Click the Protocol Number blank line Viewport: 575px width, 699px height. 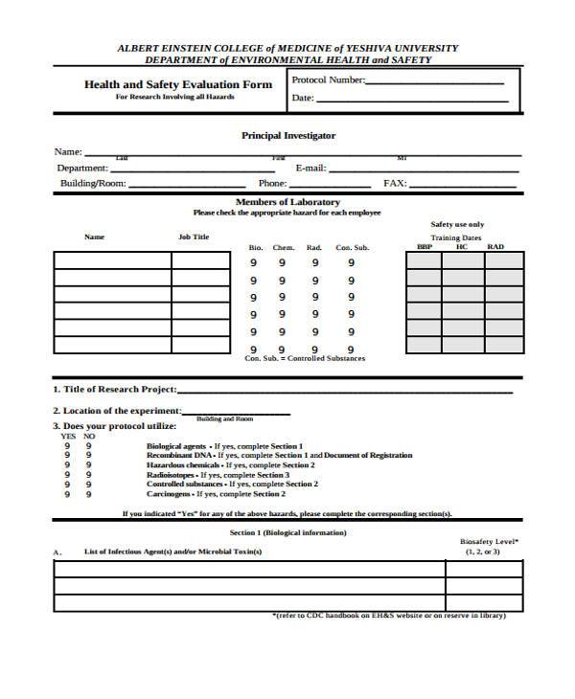(436, 82)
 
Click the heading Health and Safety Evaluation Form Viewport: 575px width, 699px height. (178, 84)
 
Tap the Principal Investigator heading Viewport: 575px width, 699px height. (287, 136)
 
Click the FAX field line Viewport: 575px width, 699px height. (466, 185)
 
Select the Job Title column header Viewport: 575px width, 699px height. (194, 237)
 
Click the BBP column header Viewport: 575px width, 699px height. (425, 247)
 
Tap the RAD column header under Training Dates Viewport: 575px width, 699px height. (495, 247)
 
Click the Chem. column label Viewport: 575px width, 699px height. (283, 248)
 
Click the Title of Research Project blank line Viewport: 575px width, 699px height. (345, 391)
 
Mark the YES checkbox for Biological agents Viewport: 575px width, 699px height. (68, 446)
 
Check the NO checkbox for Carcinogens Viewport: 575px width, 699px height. (88, 494)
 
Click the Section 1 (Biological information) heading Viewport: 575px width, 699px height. (287, 532)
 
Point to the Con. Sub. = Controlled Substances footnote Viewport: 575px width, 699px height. (305, 358)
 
